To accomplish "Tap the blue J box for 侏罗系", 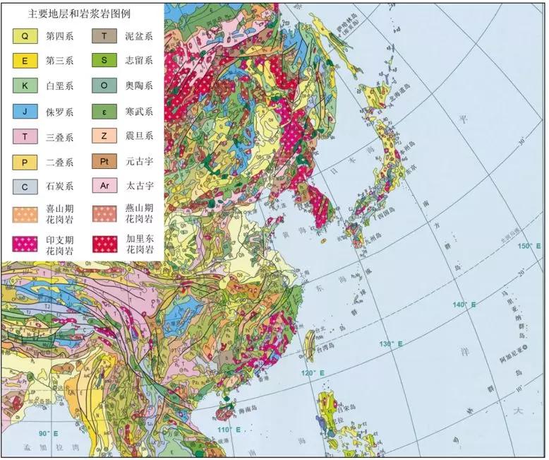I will (x=24, y=111).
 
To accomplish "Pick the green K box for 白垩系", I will (x=24, y=85).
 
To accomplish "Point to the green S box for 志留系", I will (x=104, y=60).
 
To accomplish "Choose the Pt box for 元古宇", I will (x=104, y=162).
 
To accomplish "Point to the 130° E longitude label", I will (x=390, y=344).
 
